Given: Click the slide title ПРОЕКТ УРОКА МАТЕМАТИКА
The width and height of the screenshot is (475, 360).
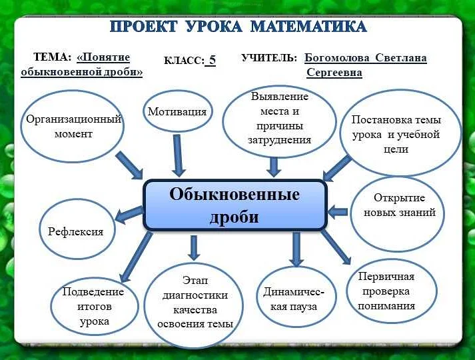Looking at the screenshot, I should (x=237, y=27).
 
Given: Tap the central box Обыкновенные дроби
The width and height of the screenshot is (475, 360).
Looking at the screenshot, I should (x=235, y=205).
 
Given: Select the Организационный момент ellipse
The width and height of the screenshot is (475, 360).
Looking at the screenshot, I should (x=73, y=127).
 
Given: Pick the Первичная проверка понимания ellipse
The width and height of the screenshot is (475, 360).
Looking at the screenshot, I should (x=392, y=291).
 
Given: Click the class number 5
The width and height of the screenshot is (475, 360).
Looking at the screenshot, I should (x=211, y=60).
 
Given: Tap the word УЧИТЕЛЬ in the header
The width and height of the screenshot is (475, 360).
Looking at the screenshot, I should (x=269, y=59).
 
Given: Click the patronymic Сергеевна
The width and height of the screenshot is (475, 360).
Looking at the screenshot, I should (x=334, y=73).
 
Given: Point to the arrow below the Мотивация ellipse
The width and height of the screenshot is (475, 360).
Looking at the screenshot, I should (x=178, y=155).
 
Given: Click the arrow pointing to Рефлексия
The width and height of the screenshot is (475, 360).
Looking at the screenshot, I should (x=130, y=214).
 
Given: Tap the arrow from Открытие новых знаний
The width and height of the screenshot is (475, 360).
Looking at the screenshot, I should (x=338, y=212).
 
